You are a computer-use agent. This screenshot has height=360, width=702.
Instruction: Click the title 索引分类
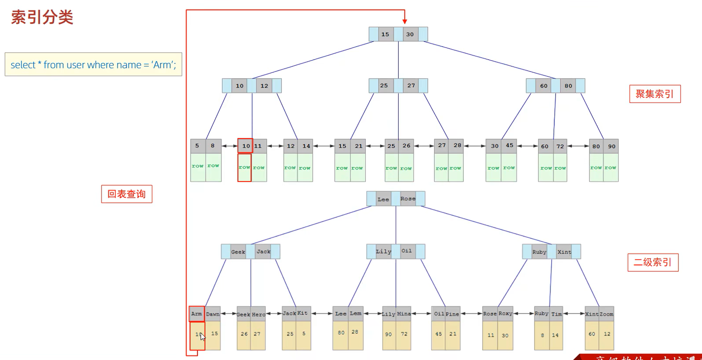tap(42, 17)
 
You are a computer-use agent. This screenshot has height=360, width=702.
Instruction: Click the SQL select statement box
tap(93, 65)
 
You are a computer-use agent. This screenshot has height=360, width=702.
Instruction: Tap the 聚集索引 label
tap(655, 94)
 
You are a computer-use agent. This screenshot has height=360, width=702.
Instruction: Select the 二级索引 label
tap(653, 262)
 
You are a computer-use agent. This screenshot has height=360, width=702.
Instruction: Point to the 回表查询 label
tap(127, 194)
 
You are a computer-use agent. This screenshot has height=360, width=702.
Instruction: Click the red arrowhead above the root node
tap(405, 21)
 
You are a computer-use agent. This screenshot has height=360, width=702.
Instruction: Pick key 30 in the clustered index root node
tap(410, 34)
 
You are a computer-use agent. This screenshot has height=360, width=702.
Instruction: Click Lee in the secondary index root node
tap(383, 199)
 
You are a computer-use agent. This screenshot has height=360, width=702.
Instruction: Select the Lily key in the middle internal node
tap(383, 252)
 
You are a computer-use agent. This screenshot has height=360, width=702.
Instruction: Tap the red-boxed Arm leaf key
tap(197, 314)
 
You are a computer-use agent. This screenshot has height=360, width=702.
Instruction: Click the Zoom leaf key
tap(606, 314)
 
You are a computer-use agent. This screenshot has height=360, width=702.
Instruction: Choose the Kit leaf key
tap(303, 313)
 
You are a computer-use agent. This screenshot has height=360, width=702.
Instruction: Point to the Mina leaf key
tap(404, 314)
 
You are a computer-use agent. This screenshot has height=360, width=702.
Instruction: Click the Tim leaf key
tap(556, 314)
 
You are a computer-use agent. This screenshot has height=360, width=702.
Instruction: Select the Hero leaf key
tap(258, 314)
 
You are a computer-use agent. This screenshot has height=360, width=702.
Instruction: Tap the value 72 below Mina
tap(404, 334)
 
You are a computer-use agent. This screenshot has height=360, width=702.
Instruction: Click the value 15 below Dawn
tap(214, 334)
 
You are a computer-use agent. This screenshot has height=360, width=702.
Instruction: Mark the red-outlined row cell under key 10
tap(244, 168)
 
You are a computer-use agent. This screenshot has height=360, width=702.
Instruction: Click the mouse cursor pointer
tap(202, 337)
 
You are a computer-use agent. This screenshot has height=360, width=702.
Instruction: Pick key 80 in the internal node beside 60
tap(568, 86)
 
